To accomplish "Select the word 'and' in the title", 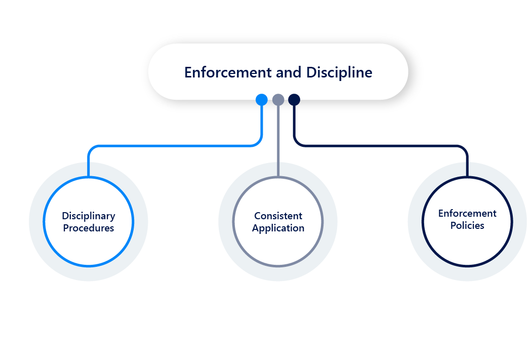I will pyautogui.click(x=289, y=72).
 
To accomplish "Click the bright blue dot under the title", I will pyautogui.click(x=262, y=100).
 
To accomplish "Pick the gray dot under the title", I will pyautogui.click(x=278, y=100).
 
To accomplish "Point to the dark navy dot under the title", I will pyautogui.click(x=294, y=100).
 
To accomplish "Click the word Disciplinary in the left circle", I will pyautogui.click(x=89, y=216).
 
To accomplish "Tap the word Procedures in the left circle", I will pyautogui.click(x=89, y=228).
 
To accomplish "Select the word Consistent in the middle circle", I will pyautogui.click(x=278, y=216).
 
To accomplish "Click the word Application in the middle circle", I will pyautogui.click(x=278, y=228).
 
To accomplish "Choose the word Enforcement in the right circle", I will pyautogui.click(x=467, y=213).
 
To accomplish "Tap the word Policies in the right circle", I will pyautogui.click(x=467, y=225).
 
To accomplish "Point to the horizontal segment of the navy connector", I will pyautogui.click(x=380, y=146).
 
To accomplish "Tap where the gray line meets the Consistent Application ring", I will pyautogui.click(x=278, y=177).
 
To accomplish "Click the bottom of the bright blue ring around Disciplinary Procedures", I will pyautogui.click(x=89, y=265).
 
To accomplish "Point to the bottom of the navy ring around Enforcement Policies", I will pyautogui.click(x=467, y=265).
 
